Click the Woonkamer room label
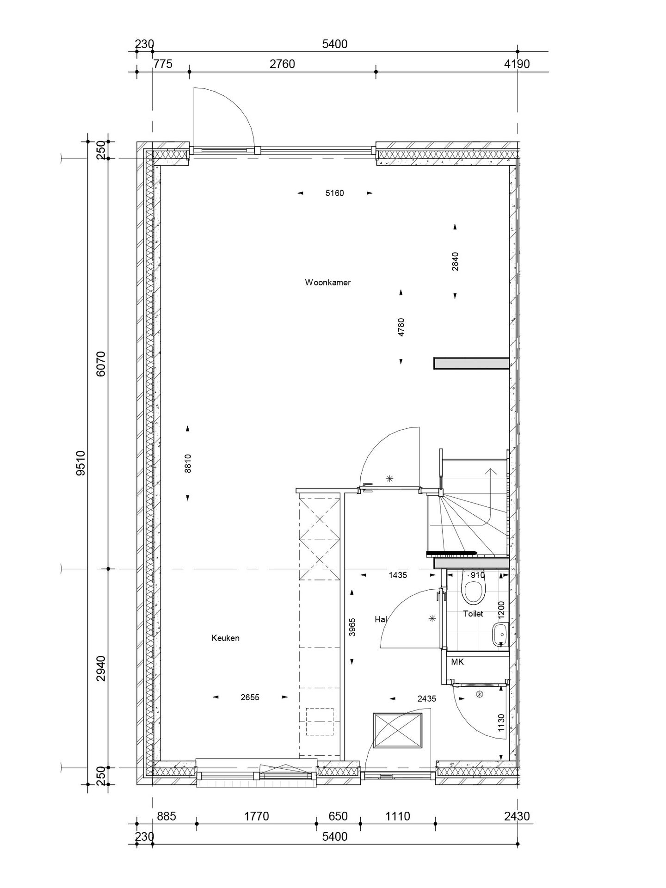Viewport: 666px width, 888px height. coord(327,283)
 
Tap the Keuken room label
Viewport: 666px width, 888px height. coord(225,638)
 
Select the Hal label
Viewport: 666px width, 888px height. coord(381,619)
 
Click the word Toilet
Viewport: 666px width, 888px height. coord(473,614)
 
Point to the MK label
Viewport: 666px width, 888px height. coord(457,662)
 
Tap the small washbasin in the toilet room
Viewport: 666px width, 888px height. coord(499,635)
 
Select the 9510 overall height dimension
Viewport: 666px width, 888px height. coord(81,463)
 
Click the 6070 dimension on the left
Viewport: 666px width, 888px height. coord(101,364)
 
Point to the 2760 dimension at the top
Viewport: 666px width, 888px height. coord(282,64)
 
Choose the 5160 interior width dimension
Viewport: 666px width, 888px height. coord(334,193)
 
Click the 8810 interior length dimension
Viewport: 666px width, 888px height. coord(188,463)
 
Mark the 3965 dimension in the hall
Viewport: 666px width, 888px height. coord(352,627)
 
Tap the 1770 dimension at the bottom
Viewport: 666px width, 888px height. coord(256,816)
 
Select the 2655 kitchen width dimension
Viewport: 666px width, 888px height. coord(250,697)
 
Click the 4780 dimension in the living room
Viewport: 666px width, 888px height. coord(401,327)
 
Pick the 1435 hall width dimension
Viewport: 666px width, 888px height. coord(398,575)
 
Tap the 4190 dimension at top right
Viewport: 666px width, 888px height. coord(517,64)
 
